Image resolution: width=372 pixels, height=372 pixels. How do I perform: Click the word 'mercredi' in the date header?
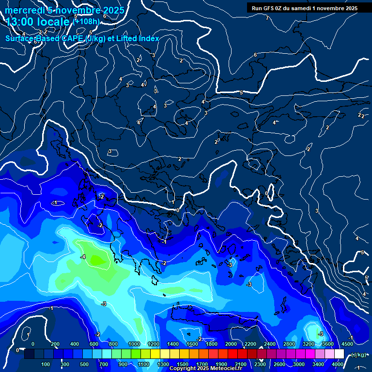(x=23, y=10)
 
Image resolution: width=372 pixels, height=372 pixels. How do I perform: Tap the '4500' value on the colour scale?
(x=347, y=344)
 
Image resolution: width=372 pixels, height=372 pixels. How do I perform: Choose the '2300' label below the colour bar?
(x=260, y=364)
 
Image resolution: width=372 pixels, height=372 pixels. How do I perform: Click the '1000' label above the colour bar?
(x=134, y=344)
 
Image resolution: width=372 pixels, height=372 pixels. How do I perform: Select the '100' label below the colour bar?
(x=46, y=364)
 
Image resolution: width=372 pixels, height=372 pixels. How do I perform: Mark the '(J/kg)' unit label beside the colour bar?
(x=358, y=355)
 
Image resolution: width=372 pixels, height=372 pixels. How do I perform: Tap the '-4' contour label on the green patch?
(x=83, y=257)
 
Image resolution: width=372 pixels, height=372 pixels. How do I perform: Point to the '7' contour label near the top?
(x=267, y=18)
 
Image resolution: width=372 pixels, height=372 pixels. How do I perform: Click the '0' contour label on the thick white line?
(x=178, y=210)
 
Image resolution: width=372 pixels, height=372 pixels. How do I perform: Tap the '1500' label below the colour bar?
(x=182, y=364)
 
